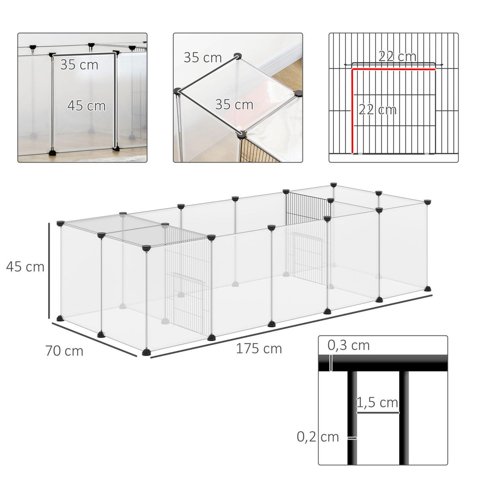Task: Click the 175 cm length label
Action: tap(259, 348)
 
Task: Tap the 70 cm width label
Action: tap(64, 351)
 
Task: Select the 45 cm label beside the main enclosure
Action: tap(25, 266)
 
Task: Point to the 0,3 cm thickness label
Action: tap(349, 345)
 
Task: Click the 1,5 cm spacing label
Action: tap(377, 403)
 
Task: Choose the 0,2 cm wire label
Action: tap(318, 437)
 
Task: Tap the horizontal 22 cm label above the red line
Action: tap(397, 57)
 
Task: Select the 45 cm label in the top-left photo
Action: tap(86, 106)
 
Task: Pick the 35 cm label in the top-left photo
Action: tap(79, 65)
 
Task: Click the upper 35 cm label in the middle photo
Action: tap(202, 58)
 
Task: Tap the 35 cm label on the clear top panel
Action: tap(234, 105)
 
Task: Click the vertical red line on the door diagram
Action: tap(353, 111)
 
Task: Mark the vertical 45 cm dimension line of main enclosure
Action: tap(49, 270)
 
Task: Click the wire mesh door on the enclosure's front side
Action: tap(187, 286)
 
